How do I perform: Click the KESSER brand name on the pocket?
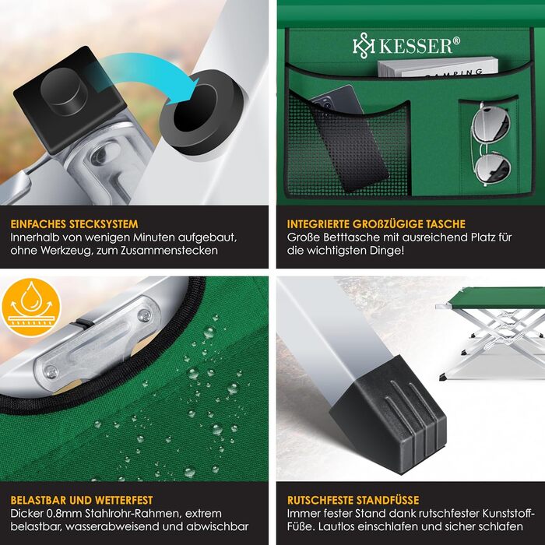pyautogui.click(x=416, y=46)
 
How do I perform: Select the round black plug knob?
pyautogui.click(x=65, y=91)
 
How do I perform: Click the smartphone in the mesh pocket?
pyautogui.click(x=347, y=137)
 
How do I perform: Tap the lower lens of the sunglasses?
pyautogui.click(x=493, y=168)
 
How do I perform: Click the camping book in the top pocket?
pyautogui.click(x=438, y=68)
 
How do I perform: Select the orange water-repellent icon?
pyautogui.click(x=31, y=308)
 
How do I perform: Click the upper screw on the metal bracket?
pyautogui.click(x=144, y=315)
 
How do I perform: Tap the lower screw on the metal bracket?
pyautogui.click(x=51, y=372)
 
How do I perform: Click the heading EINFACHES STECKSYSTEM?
pyautogui.click(x=74, y=224)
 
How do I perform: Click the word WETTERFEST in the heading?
pyautogui.click(x=124, y=500)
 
